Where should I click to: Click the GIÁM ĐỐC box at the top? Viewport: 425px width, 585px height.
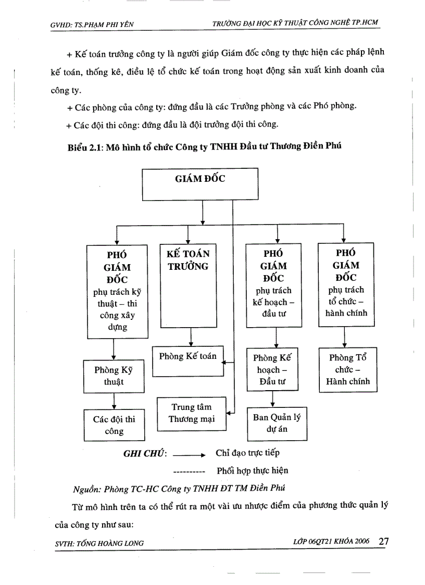coord(200,184)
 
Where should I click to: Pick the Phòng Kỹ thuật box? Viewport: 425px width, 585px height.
coord(114,376)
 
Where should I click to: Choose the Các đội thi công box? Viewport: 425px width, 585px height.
coord(114,425)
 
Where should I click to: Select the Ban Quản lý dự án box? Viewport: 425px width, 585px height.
coord(277,423)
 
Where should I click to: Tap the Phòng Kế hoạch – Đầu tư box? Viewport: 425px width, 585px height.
coord(273,370)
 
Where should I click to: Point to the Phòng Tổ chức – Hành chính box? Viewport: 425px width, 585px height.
coord(347,369)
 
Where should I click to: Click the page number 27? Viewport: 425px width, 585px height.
coord(384,541)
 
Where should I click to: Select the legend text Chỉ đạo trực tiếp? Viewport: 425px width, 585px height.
coord(247,453)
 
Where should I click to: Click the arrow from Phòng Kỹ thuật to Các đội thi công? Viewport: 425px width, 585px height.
coord(114,401)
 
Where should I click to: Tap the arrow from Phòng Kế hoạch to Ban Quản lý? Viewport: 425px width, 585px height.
coord(273,399)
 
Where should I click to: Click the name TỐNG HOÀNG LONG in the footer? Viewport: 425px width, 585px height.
coord(110,543)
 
